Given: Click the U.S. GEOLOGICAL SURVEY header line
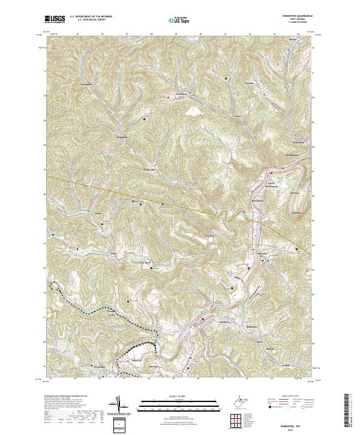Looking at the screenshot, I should pos(89,20).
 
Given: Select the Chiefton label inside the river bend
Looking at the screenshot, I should pos(295,193).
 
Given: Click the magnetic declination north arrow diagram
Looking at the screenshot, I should pos(120,404).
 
